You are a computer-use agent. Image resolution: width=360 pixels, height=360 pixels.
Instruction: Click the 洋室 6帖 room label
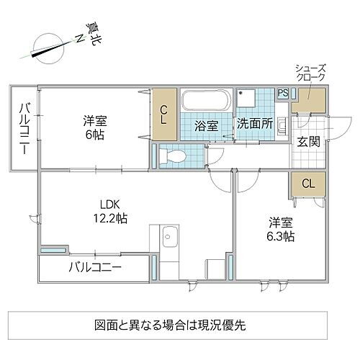pos(91,127)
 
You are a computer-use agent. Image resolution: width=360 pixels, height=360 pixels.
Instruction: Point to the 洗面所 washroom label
pos(255,123)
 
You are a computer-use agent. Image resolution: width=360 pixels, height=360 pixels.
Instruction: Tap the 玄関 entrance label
pos(310,140)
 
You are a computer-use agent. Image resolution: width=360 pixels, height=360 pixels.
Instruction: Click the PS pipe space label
pos(283,93)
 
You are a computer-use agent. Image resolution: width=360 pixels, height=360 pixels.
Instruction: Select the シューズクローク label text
pos(310,72)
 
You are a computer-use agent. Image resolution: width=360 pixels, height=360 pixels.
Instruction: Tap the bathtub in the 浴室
pos(205,99)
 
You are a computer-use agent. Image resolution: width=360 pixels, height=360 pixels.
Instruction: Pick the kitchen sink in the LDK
pos(171,235)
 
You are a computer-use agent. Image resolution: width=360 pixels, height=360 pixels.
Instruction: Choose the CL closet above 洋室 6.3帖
pos(307,184)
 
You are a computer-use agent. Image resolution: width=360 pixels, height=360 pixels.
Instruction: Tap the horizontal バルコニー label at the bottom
pos(94,269)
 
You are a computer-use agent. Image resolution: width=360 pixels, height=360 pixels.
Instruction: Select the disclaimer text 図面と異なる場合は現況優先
pos(179,325)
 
